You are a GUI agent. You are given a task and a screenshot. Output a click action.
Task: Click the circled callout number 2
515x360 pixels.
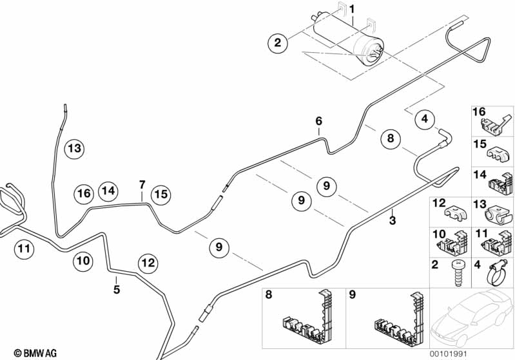pyautogui.click(x=278, y=44)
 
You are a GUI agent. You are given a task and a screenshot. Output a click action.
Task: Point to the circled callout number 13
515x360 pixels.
pyautogui.click(x=75, y=149)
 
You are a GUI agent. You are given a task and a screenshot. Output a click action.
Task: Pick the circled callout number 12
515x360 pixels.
pyautogui.click(x=148, y=263)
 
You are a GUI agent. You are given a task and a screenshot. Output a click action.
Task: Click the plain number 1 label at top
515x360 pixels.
pyautogui.click(x=352, y=8)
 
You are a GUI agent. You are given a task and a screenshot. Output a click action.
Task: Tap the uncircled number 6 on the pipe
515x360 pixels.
pyautogui.click(x=318, y=120)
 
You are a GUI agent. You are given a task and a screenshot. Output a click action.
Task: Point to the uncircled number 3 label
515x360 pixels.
pyautogui.click(x=392, y=221)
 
